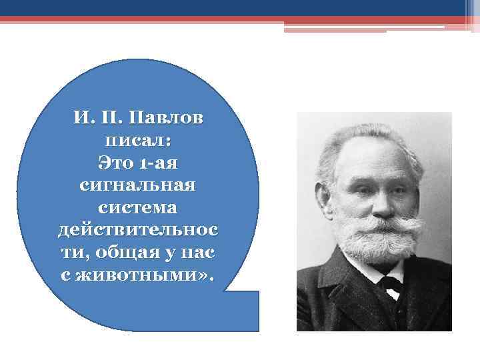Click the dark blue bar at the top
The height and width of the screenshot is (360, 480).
click(x=240, y=8)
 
